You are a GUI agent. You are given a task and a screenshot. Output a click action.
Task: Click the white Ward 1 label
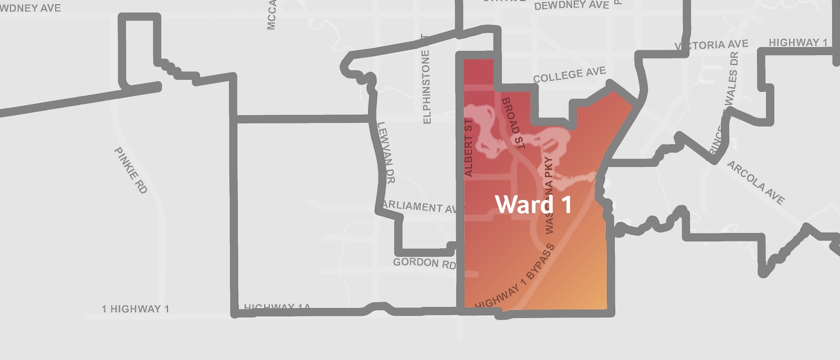pos(533,205)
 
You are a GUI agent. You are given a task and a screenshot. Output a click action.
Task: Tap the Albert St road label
pos(469,147)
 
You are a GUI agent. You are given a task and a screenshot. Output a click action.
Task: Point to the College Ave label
pos(569,75)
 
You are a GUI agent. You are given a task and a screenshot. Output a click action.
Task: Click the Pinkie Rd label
pos(131,171)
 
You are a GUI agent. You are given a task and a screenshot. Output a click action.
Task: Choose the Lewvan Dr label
pos(386,152)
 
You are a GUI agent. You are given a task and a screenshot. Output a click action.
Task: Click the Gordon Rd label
pos(424,263)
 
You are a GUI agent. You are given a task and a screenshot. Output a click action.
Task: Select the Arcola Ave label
pos(756,182)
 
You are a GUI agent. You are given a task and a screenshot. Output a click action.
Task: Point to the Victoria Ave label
pos(712,45)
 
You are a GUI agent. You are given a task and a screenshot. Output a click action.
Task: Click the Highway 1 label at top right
pos(797,43)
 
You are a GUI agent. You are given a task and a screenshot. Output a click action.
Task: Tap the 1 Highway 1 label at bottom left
pos(135,309)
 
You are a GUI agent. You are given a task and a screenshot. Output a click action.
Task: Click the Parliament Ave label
pos(420,207)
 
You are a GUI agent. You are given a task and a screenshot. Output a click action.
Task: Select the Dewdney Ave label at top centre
pos(572,6)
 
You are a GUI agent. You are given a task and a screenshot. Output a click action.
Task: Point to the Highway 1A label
pos(277,307)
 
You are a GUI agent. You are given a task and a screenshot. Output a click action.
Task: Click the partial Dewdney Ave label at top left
pos(30,8)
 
